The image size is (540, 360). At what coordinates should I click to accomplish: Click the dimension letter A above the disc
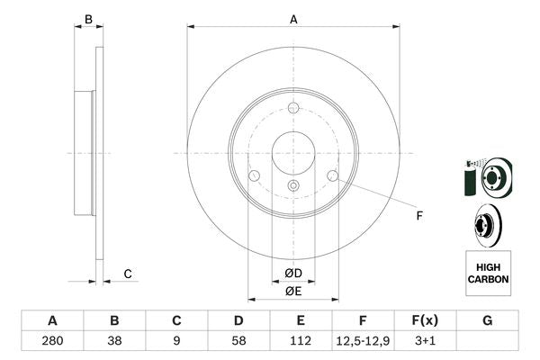pyautogui.click(x=293, y=19)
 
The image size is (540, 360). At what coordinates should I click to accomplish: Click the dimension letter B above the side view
pyautogui.click(x=87, y=19)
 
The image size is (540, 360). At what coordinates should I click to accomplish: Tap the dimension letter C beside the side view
pyautogui.click(x=128, y=274)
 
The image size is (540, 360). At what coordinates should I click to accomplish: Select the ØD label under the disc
pyautogui.click(x=293, y=274)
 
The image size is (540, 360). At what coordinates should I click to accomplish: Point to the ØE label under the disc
pyautogui.click(x=293, y=291)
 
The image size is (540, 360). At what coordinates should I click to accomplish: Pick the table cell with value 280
pyautogui.click(x=52, y=342)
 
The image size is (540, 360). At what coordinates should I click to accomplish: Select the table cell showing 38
pyautogui.click(x=114, y=342)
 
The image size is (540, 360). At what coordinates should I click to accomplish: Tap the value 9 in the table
pyautogui.click(x=176, y=342)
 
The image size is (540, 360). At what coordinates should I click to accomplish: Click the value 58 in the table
pyautogui.click(x=238, y=342)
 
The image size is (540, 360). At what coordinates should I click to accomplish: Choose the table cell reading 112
pyautogui.click(x=301, y=342)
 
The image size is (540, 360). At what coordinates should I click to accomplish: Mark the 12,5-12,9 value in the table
pyautogui.click(x=363, y=342)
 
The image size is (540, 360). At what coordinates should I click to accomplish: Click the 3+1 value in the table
pyautogui.click(x=425, y=342)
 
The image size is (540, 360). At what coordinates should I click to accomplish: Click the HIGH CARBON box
pyautogui.click(x=488, y=274)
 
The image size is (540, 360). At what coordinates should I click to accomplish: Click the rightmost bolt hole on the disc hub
pyautogui.click(x=332, y=175)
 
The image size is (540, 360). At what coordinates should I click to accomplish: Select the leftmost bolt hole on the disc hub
pyautogui.click(x=254, y=175)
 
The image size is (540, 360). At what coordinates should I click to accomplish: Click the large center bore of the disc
pyautogui.click(x=293, y=151)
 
